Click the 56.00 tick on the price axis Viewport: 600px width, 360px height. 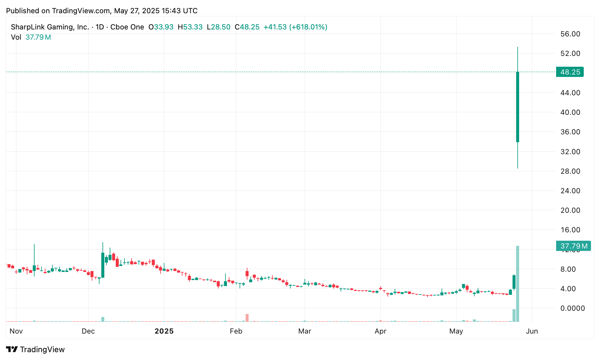[x=570, y=34]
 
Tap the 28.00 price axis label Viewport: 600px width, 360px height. [x=570, y=171]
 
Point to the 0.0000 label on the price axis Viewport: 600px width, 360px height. [x=570, y=308]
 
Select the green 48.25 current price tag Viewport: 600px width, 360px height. [x=570, y=72]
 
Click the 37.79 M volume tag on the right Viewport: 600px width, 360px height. [x=573, y=246]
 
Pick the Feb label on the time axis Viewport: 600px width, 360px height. [x=236, y=331]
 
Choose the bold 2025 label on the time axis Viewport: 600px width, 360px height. [x=164, y=331]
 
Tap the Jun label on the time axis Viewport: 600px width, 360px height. [x=532, y=331]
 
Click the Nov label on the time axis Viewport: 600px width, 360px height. [x=16, y=331]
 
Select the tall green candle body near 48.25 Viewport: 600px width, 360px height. [x=518, y=107]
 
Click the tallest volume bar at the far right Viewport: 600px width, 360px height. [x=518, y=284]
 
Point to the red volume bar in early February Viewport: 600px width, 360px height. [x=247, y=318]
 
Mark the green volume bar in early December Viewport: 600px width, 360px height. [x=103, y=319]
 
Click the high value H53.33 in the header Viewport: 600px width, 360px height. [x=190, y=27]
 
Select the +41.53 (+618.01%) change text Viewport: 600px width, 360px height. [x=295, y=27]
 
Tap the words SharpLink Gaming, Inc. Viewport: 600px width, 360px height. [x=50, y=27]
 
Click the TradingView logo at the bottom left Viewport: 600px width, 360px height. [x=35, y=349]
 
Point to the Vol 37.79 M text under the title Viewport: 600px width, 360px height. [x=31, y=37]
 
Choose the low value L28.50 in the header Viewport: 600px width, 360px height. [x=219, y=27]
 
